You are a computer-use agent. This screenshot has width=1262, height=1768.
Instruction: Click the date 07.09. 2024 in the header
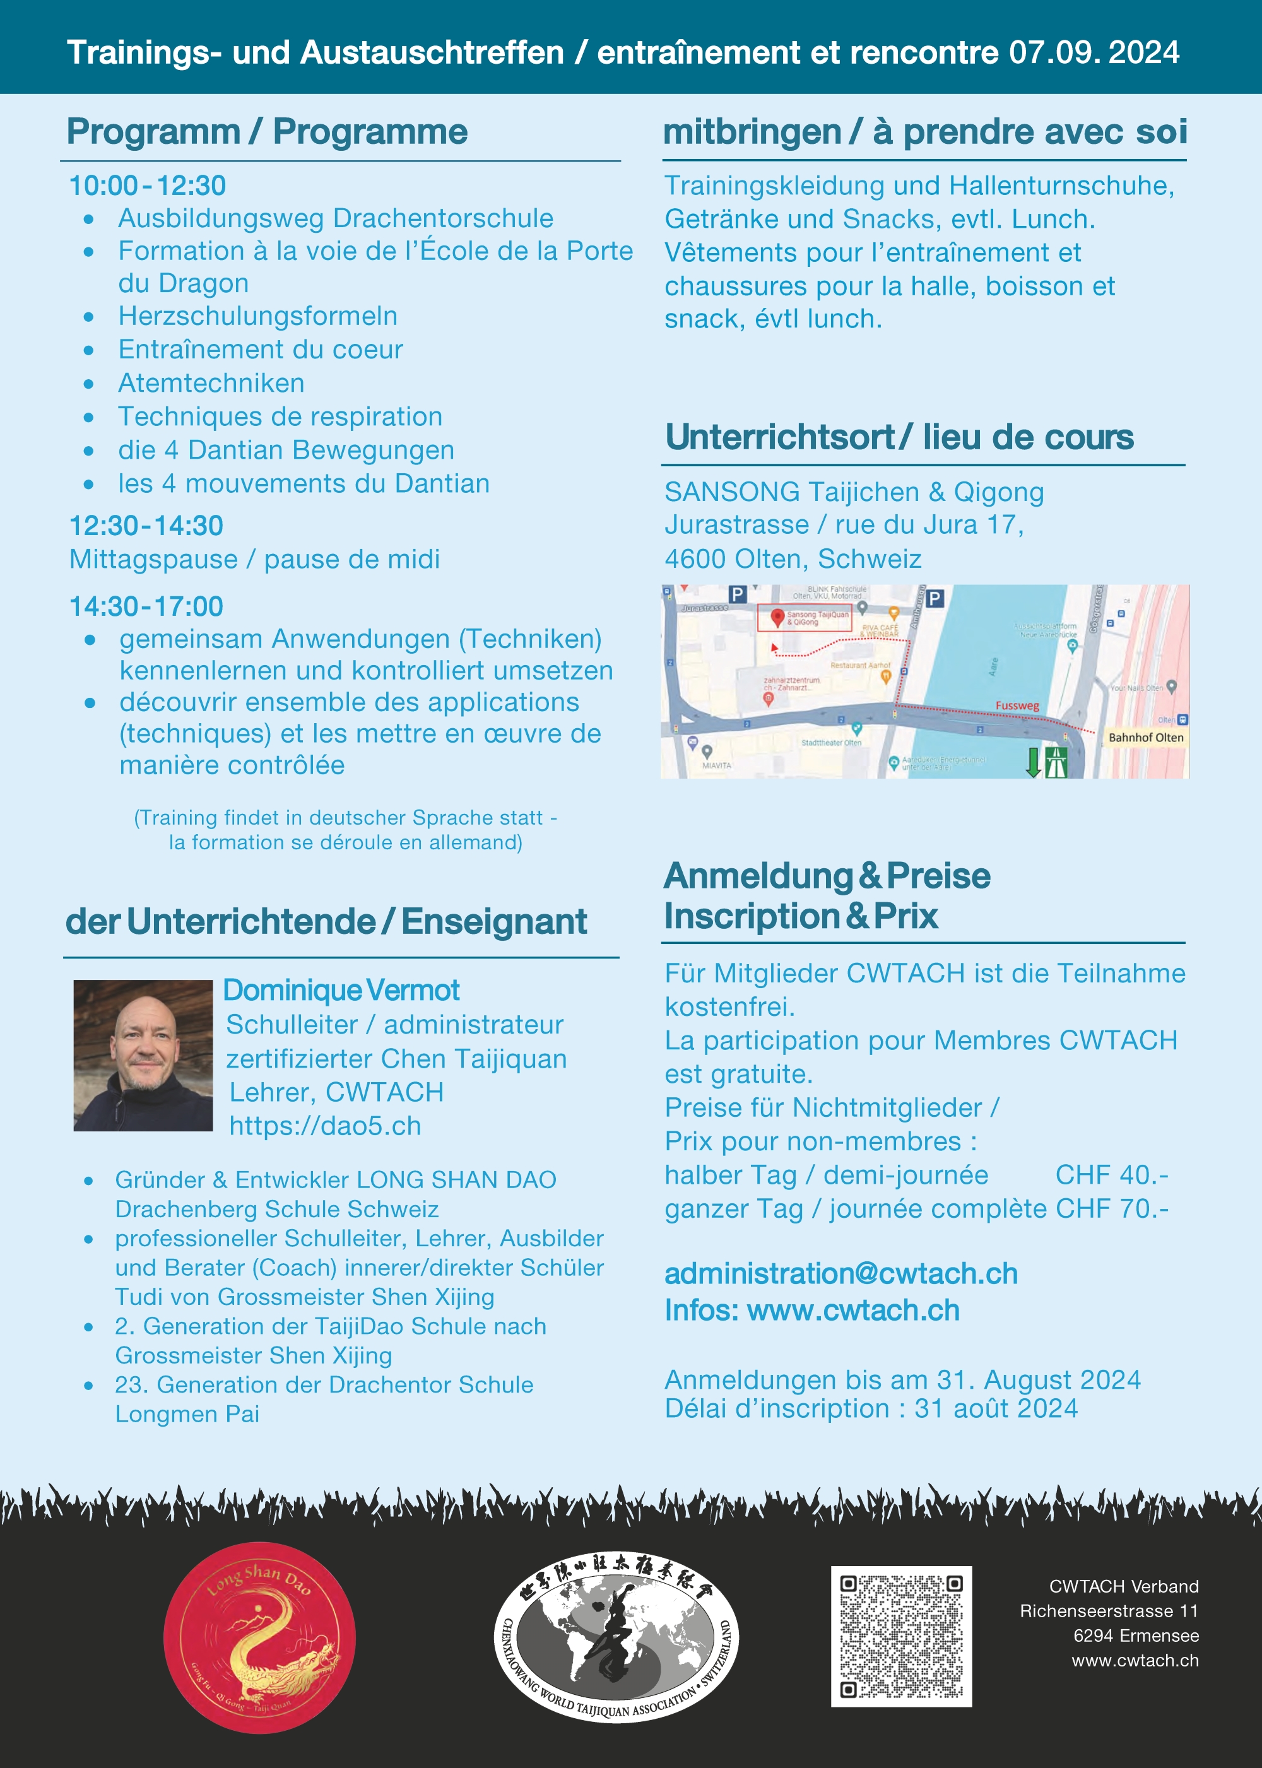(1094, 53)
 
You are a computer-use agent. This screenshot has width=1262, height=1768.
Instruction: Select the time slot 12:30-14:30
(146, 526)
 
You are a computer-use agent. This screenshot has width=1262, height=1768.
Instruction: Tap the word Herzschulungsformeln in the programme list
(257, 316)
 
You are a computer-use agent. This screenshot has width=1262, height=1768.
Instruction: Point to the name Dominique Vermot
(341, 990)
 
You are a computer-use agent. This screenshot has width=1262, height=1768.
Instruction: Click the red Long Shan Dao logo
(259, 1637)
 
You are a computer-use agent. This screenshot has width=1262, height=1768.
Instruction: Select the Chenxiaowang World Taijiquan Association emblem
(616, 1637)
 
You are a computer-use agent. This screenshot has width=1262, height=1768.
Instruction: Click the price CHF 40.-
(1111, 1175)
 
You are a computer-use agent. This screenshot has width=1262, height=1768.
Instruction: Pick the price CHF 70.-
(1111, 1208)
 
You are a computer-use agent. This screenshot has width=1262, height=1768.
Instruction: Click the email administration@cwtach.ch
(841, 1274)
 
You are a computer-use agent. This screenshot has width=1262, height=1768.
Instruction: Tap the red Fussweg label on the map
(1017, 705)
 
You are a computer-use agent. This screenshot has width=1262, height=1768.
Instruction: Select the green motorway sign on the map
(1056, 762)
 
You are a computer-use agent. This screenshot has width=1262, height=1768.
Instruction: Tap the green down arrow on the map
(1033, 762)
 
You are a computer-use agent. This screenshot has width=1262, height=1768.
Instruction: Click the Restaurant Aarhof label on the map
(860, 665)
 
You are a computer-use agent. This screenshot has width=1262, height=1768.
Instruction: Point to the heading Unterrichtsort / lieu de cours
(899, 437)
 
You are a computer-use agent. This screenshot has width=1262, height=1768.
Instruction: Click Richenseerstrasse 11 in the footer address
(1109, 1611)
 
